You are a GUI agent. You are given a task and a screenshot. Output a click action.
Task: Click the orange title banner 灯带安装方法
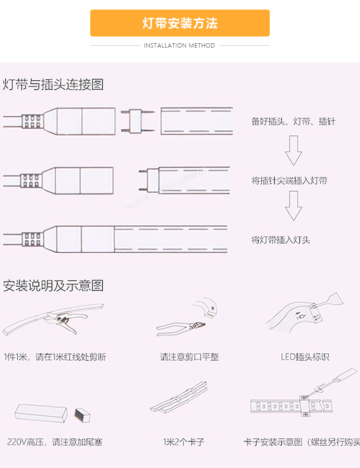180,23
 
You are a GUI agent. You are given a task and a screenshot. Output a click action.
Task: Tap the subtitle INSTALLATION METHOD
180,46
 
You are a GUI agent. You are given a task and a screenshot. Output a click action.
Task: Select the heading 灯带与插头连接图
53,85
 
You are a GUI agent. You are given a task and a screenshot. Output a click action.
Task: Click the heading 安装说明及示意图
53,286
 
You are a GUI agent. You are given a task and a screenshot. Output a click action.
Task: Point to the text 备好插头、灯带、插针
293,122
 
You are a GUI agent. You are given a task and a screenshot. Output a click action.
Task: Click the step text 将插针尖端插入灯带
289,181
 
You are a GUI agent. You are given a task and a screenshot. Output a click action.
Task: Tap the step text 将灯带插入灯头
281,239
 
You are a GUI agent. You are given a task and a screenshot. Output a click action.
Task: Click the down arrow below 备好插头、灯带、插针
293,150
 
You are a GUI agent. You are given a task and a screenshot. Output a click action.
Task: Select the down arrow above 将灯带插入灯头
293,206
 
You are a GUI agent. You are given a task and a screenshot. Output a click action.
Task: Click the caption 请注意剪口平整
190,357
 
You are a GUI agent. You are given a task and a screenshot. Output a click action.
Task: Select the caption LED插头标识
305,357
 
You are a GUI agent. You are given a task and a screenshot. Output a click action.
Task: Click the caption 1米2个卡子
184,441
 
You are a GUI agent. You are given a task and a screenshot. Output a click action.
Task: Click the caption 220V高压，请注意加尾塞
55,441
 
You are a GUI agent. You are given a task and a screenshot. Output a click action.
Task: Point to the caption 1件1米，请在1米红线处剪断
55,357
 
